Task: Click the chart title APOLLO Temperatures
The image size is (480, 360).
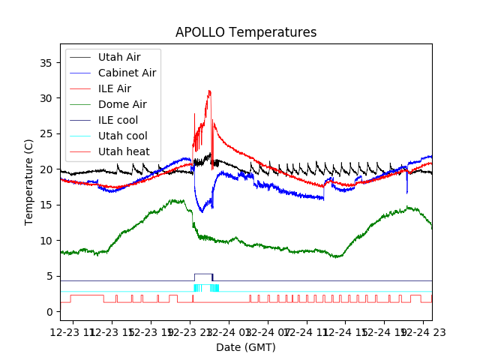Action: [246, 32]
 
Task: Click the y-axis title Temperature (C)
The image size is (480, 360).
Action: [29, 181]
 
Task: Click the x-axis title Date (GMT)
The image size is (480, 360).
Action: [246, 347]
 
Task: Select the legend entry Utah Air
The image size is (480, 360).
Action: [118, 57]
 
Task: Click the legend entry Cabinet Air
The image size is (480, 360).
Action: [127, 73]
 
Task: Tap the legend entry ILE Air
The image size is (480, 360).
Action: [115, 88]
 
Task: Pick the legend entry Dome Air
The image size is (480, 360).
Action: [122, 104]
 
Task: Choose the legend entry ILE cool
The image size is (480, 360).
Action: [118, 120]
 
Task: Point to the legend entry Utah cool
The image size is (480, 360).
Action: [123, 136]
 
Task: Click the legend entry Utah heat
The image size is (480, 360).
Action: [124, 151]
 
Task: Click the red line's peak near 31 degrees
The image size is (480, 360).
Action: [210, 91]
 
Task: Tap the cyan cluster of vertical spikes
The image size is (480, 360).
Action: [206, 288]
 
